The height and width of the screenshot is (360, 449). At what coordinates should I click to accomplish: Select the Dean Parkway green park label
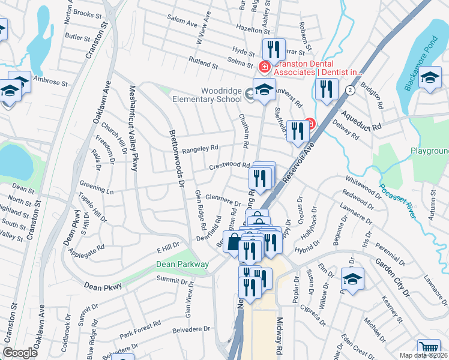pos(182,264)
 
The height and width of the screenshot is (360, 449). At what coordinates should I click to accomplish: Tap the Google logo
pos(20,353)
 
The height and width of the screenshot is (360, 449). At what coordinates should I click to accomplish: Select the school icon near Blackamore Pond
pos(430,77)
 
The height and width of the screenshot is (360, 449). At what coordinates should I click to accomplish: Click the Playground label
pos(430,151)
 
